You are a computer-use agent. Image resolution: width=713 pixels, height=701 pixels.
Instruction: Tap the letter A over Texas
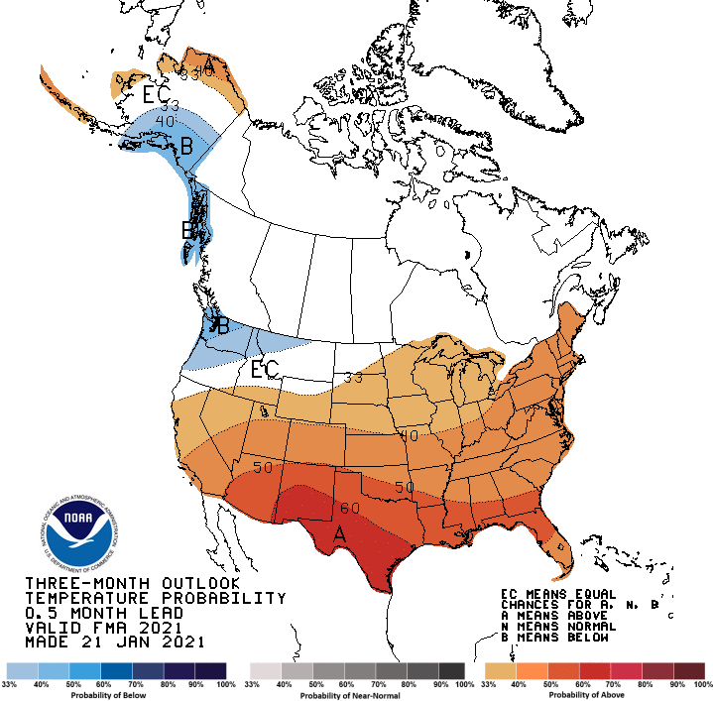click(339, 534)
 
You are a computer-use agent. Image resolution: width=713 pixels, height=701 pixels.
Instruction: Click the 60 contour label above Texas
click(349, 508)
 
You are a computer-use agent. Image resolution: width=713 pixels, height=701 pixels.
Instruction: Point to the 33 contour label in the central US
click(353, 377)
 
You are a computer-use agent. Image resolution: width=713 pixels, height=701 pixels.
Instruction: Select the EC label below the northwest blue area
click(264, 370)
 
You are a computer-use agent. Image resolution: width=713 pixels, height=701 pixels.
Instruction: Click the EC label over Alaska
click(156, 95)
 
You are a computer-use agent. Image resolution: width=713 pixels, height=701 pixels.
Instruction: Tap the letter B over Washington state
click(223, 325)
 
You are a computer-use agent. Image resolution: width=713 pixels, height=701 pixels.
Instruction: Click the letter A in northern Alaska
click(209, 66)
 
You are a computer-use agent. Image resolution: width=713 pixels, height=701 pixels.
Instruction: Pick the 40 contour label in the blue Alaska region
click(165, 121)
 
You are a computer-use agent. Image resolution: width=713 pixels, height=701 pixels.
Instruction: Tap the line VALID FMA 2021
click(102, 628)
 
